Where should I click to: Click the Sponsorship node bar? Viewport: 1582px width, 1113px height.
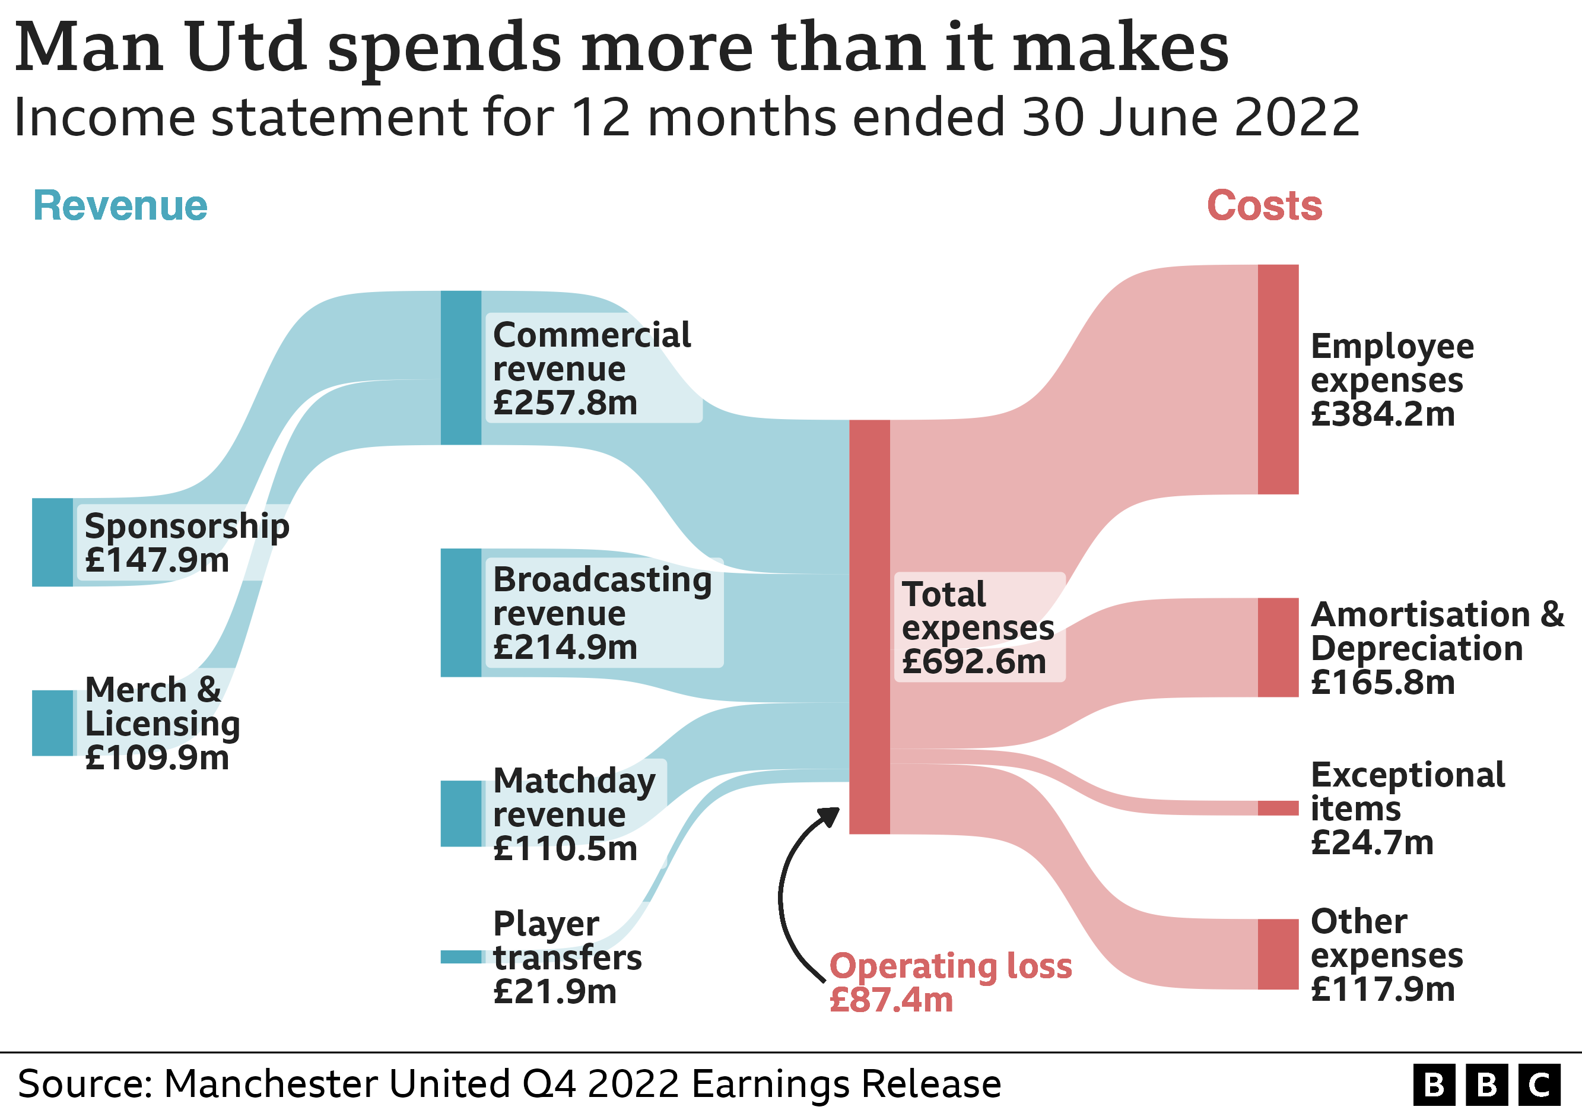click(52, 543)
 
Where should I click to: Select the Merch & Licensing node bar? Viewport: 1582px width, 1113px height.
click(52, 723)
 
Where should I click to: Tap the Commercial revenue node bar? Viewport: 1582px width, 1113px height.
click(461, 367)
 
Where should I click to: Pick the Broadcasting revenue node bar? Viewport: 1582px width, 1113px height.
click(461, 613)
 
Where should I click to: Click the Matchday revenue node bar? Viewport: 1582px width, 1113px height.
click(461, 813)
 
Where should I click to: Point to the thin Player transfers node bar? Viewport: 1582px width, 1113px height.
click(461, 956)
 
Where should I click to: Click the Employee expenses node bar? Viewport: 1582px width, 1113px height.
click(1278, 379)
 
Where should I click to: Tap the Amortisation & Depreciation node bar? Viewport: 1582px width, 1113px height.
click(1278, 647)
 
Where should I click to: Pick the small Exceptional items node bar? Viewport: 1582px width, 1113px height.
click(1278, 808)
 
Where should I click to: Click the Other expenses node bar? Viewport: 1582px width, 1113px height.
click(1278, 954)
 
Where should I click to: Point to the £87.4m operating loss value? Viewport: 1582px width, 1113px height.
click(891, 1000)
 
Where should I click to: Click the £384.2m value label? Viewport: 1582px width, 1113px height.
click(1382, 414)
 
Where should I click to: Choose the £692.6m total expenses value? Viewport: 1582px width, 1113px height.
click(974, 662)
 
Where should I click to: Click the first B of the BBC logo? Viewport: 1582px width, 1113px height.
click(1434, 1085)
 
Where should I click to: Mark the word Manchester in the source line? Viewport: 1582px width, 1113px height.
click(270, 1084)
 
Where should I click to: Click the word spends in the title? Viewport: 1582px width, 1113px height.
click(444, 48)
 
